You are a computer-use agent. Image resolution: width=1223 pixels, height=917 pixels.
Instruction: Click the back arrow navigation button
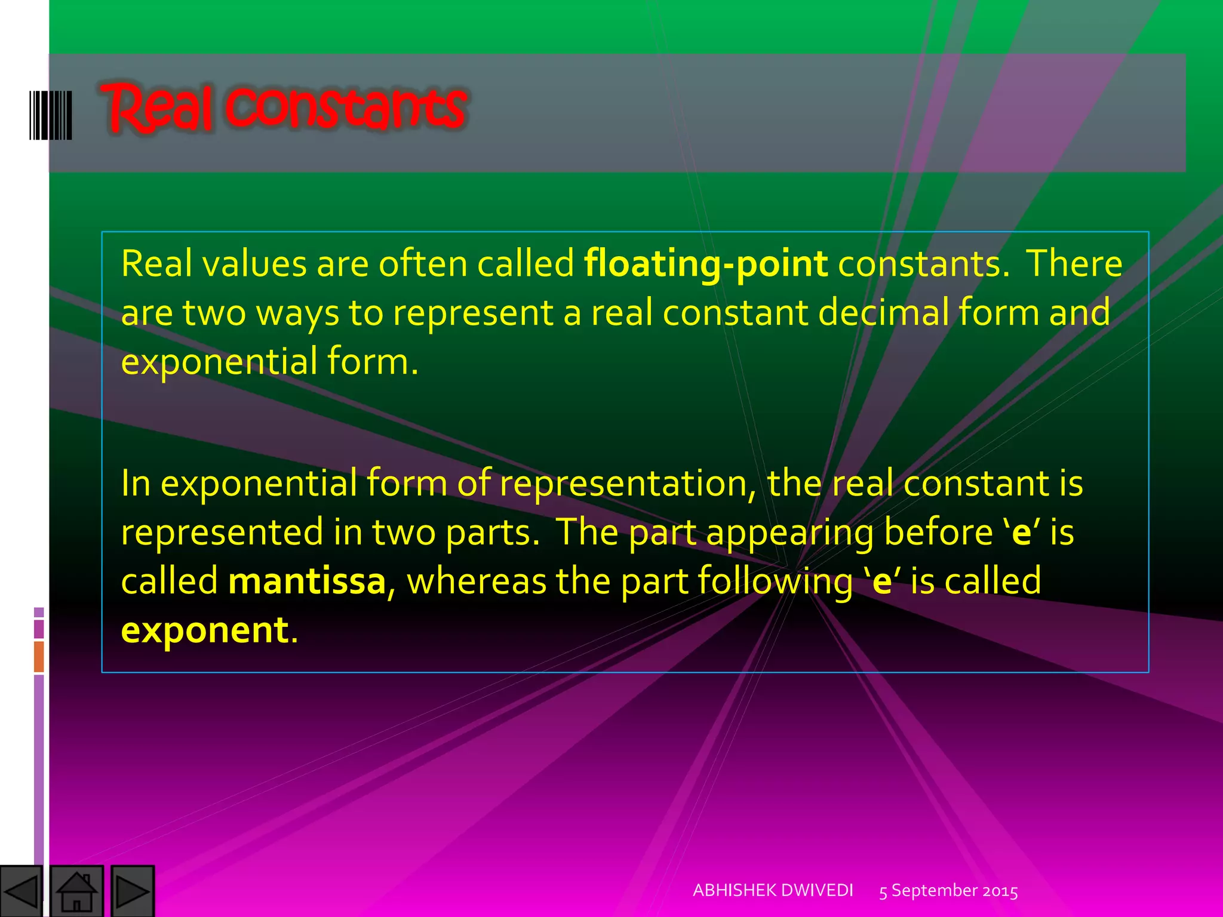click(21, 891)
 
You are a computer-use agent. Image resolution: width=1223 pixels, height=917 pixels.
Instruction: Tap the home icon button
click(76, 891)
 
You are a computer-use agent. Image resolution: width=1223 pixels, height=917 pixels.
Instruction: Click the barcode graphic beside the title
click(51, 115)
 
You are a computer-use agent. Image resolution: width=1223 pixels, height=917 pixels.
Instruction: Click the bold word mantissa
click(307, 581)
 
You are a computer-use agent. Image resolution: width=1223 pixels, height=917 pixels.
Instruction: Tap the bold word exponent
click(205, 630)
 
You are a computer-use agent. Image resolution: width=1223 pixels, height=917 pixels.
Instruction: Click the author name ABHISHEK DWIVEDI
click(773, 890)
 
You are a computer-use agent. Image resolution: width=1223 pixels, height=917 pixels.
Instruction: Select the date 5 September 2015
click(948, 891)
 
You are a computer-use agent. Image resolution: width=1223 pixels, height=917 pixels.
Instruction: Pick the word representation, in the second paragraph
click(628, 483)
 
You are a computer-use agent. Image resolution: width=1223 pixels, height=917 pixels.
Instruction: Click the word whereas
click(476, 581)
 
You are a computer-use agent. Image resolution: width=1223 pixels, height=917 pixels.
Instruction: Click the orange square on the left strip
click(39, 657)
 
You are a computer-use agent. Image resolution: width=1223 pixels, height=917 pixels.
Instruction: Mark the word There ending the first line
click(1074, 264)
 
